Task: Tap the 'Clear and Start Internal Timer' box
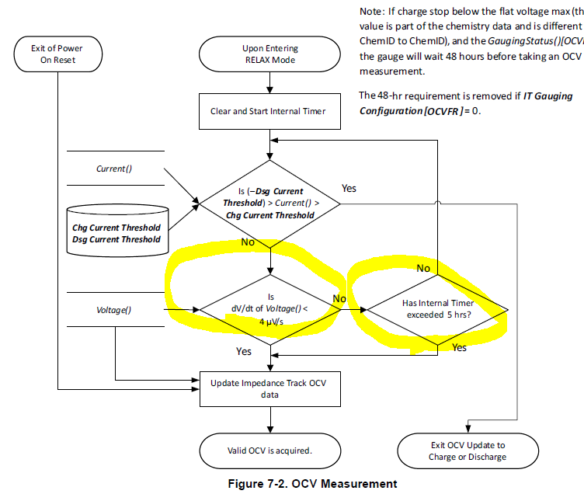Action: (268, 111)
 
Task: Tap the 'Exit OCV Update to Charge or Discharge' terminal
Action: (467, 451)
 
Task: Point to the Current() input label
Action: (113, 168)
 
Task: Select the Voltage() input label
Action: (114, 309)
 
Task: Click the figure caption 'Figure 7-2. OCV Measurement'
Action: (311, 483)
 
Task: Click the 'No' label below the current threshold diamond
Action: (247, 243)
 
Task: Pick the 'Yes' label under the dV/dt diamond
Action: (244, 351)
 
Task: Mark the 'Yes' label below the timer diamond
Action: (459, 347)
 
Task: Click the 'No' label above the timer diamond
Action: (423, 268)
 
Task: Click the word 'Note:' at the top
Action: (373, 13)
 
